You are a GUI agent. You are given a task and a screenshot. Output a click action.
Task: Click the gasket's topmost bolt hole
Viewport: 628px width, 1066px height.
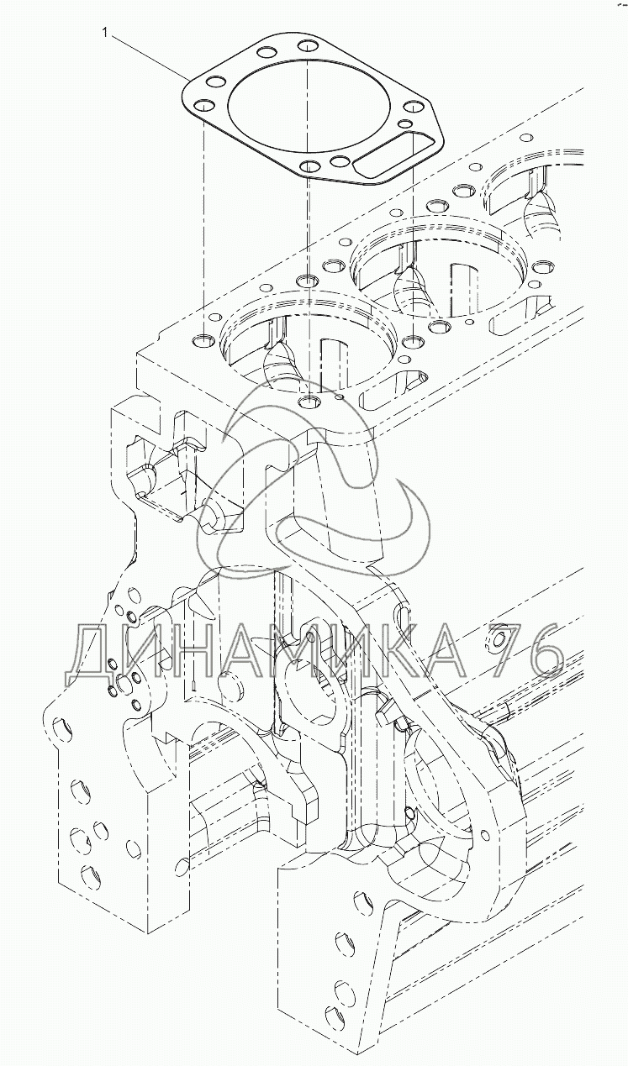point(308,46)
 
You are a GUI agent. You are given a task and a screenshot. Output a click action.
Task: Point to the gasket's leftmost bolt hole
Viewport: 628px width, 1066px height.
point(203,106)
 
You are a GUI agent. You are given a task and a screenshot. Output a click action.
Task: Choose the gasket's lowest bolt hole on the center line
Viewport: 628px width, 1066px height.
point(309,166)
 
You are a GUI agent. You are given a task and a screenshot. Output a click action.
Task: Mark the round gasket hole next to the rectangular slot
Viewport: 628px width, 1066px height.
point(340,162)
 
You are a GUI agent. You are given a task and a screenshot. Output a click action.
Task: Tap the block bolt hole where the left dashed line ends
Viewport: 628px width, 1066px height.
point(203,340)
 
